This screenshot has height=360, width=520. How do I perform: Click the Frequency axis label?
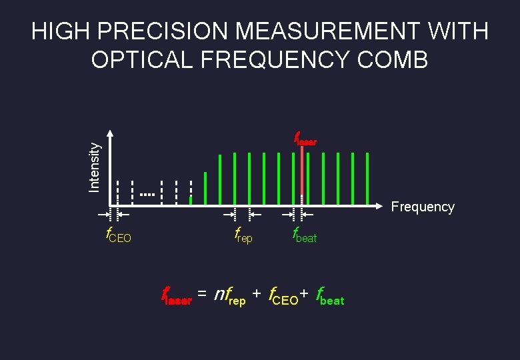click(423, 207)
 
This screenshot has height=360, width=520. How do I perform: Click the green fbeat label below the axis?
click(305, 235)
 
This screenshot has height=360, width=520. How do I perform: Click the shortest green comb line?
click(191, 199)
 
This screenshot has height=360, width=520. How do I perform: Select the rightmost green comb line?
click(367, 179)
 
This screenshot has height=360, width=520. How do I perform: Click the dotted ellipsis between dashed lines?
click(147, 195)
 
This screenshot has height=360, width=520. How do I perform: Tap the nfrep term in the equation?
click(229, 295)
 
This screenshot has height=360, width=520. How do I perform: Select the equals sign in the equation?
click(201, 294)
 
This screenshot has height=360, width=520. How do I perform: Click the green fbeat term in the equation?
click(330, 296)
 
